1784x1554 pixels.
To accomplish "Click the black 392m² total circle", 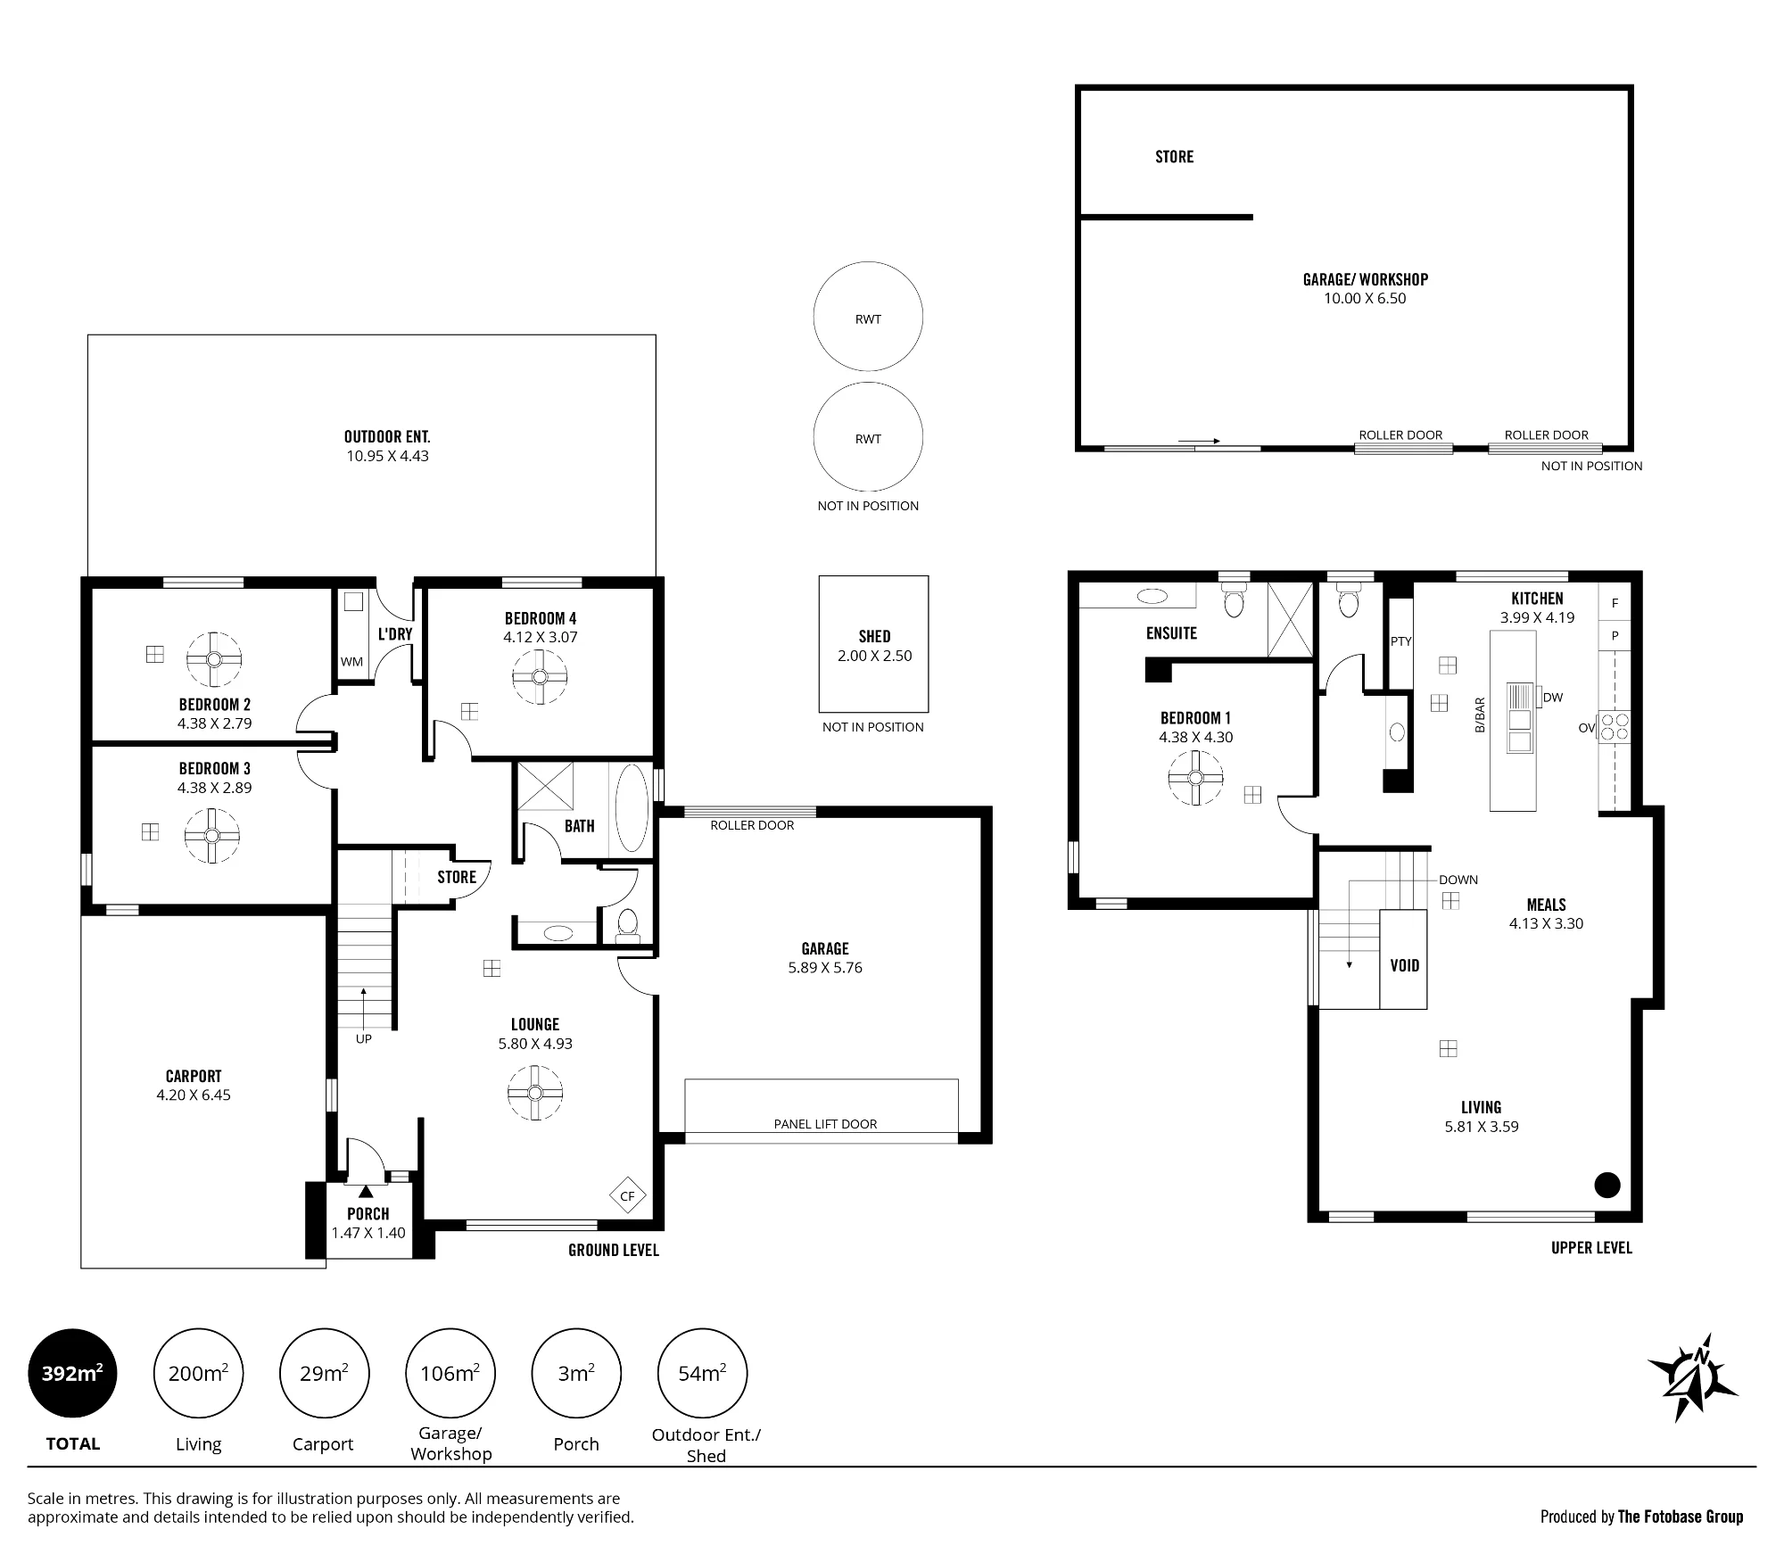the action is tap(72, 1373).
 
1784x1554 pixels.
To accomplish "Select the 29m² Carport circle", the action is tap(324, 1373).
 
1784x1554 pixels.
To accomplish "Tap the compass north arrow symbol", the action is tap(1692, 1389).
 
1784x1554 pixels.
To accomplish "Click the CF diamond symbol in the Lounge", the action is tap(627, 1196).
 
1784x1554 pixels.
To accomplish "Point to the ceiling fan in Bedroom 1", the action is tap(1195, 778).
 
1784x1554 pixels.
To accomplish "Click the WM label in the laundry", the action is tap(351, 662).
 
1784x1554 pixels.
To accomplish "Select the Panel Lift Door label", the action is tap(825, 1124).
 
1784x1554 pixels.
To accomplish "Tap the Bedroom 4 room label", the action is tap(541, 618).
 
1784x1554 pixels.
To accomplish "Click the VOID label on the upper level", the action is tap(1404, 965).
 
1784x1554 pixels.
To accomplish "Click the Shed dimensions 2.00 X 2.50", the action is tap(874, 656).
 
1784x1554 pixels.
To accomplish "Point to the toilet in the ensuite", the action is tap(1234, 599).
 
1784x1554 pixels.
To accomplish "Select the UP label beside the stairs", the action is tap(364, 1039).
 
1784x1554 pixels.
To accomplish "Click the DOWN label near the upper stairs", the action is tap(1458, 880).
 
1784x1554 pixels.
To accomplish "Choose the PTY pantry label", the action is tap(1400, 641).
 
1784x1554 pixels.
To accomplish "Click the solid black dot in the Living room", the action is tap(1607, 1185).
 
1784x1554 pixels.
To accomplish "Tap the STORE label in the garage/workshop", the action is tap(1174, 157).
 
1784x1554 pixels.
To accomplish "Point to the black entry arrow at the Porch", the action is tap(365, 1191).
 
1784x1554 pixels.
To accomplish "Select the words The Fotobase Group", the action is tap(1681, 1517).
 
